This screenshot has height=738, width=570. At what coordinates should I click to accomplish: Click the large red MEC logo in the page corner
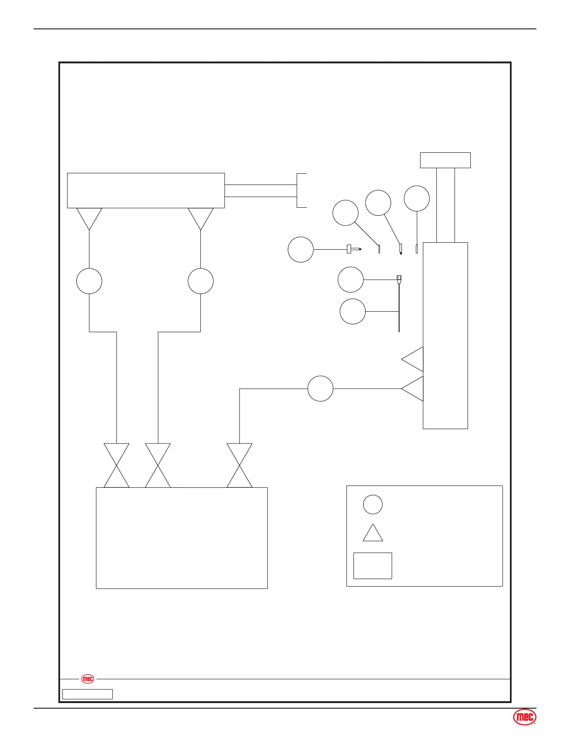[524, 717]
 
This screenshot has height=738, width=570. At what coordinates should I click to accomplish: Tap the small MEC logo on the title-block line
[88, 679]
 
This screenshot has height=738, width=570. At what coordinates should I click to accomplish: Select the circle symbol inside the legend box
[373, 504]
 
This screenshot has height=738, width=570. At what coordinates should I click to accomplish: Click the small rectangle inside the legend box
[373, 566]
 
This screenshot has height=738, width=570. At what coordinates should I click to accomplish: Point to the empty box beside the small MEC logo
[88, 694]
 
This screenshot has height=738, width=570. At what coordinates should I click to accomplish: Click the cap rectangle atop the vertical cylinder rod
[445, 160]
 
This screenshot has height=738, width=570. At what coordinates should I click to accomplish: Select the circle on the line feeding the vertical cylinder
[320, 389]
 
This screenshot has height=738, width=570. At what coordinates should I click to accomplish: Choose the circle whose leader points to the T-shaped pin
[300, 250]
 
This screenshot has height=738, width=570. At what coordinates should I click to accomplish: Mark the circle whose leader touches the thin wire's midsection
[353, 311]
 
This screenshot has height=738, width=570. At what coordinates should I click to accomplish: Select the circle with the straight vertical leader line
[417, 198]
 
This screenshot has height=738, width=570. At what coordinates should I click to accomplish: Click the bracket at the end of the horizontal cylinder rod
[301, 191]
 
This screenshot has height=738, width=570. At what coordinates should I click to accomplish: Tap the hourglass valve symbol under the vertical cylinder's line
[239, 465]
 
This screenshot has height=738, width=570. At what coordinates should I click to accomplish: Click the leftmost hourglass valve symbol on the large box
[116, 465]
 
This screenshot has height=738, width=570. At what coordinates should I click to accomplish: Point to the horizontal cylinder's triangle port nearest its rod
[201, 218]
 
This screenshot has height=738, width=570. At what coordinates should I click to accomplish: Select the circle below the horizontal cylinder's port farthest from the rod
[89, 281]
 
